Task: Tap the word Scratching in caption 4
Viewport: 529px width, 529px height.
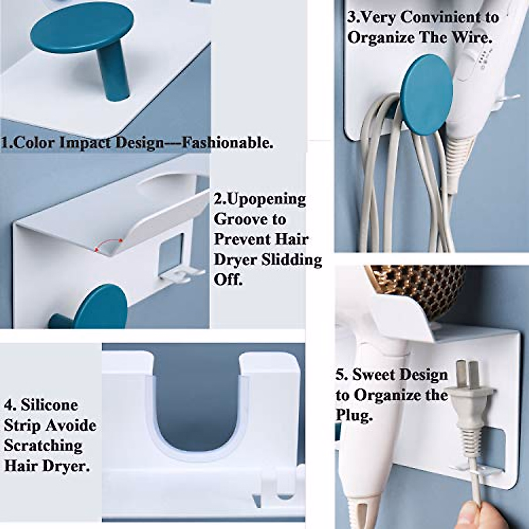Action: coord(43,445)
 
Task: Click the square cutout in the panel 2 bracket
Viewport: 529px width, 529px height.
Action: coord(171,252)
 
